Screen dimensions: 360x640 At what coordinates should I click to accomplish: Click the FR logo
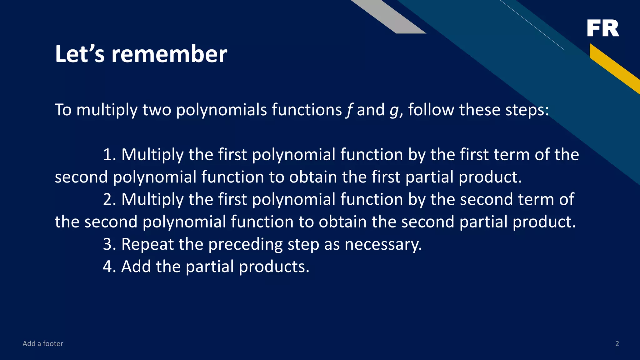(603, 28)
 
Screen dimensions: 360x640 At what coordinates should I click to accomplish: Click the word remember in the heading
(169, 54)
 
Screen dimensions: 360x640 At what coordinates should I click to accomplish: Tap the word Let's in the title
(80, 54)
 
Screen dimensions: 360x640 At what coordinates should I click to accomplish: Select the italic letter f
(349, 110)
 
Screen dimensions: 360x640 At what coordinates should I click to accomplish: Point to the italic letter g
(394, 111)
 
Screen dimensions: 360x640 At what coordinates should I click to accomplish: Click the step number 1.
(107, 155)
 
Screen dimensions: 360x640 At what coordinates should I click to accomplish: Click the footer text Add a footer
(43, 344)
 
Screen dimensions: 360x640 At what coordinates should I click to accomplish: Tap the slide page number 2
(617, 344)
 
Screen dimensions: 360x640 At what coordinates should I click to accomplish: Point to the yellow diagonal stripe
(614, 69)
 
